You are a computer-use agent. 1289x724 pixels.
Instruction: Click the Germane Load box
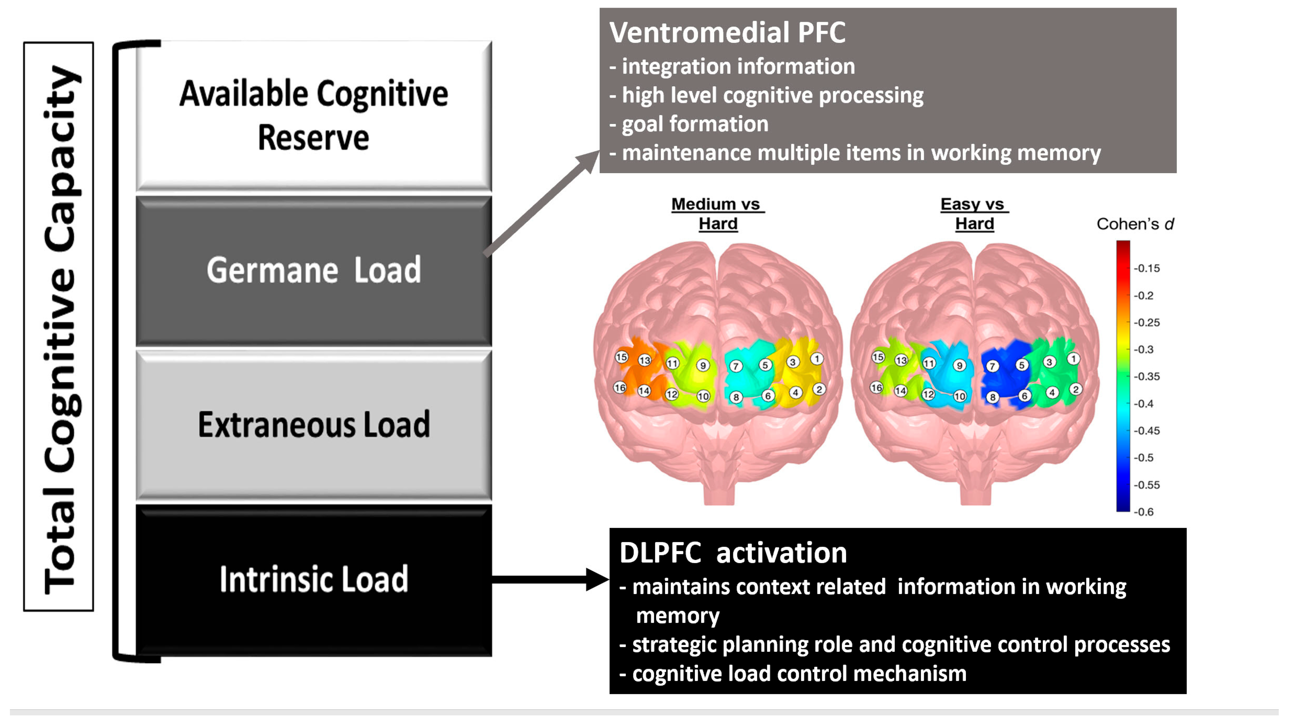pyautogui.click(x=314, y=270)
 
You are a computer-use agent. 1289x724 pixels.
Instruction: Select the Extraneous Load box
pyautogui.click(x=314, y=425)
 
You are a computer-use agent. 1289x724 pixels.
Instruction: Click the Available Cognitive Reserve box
pyautogui.click(x=314, y=115)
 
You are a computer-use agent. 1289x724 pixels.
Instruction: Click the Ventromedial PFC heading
pyautogui.click(x=727, y=33)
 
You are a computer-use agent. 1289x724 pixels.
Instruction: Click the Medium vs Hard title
pyautogui.click(x=717, y=213)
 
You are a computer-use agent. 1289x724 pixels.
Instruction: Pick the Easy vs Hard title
pyautogui.click(x=974, y=213)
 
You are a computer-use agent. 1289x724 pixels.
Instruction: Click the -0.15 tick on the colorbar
pyautogui.click(x=1146, y=268)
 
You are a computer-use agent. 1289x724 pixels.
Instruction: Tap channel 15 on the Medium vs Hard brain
pyautogui.click(x=621, y=357)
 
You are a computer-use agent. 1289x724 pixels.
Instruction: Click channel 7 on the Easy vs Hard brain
pyautogui.click(x=992, y=366)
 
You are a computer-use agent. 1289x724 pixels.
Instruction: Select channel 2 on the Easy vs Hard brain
pyautogui.click(x=1075, y=389)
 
